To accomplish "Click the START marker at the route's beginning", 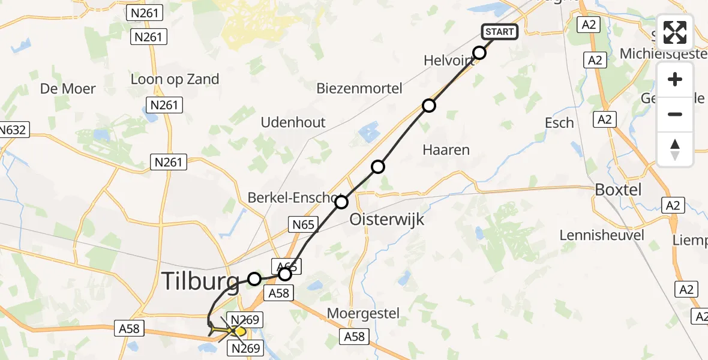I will coord(499,31).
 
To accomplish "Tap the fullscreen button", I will coord(675,32).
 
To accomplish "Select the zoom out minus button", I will coord(675,115).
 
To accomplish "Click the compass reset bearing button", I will coord(675,149).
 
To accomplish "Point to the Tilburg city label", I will coord(201,281).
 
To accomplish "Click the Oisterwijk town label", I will coord(387,219).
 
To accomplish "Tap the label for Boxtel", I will coord(617,190).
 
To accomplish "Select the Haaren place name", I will coord(446,150).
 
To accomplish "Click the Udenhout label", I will coord(293,122).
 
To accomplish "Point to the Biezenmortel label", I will coord(360,89).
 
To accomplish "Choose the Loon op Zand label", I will coord(175,79).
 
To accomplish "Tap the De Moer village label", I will coord(68,89).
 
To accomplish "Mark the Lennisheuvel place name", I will coord(602,235).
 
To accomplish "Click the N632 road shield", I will coord(13,130).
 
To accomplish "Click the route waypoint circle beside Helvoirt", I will coord(479,53).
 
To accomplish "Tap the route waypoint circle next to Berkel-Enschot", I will coord(341,202).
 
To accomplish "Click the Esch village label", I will coord(559,123).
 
